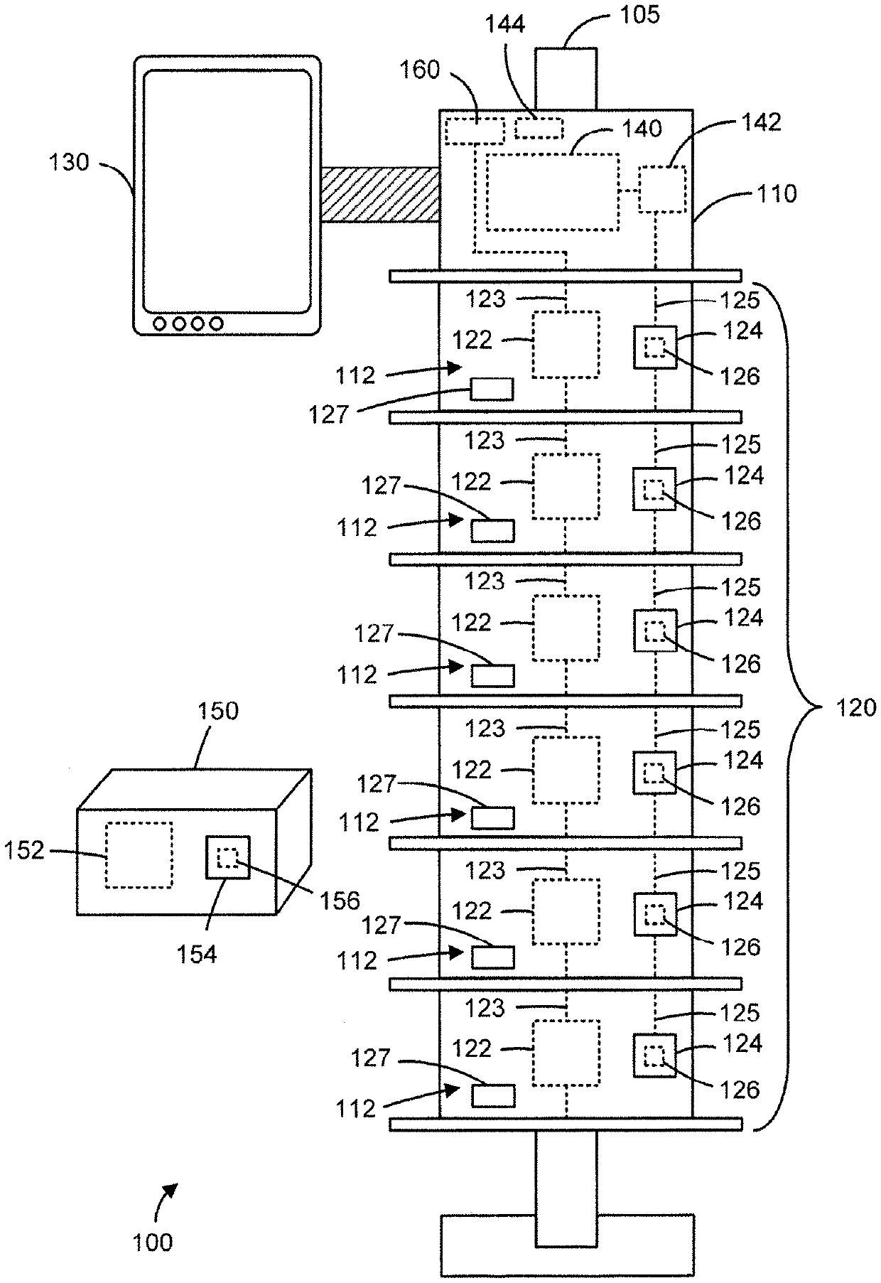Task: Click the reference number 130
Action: [69, 162]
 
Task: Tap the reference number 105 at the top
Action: [641, 15]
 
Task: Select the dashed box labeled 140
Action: [552, 191]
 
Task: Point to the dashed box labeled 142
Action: [662, 189]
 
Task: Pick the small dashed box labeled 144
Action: [539, 129]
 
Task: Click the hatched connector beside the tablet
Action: [379, 194]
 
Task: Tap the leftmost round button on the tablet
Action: [160, 323]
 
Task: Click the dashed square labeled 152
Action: [139, 854]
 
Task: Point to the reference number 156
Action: [340, 901]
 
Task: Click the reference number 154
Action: [197, 954]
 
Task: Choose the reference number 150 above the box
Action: [219, 710]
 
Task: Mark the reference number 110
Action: [777, 193]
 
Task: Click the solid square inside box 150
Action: [228, 857]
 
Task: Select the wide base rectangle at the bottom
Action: [567, 1244]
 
